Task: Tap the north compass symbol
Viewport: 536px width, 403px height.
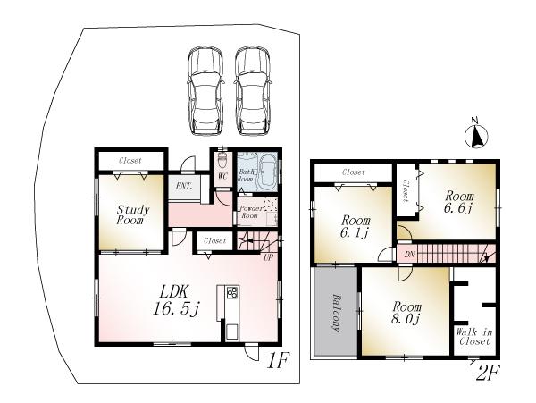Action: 477,136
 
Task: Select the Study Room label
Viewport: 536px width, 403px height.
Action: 131,215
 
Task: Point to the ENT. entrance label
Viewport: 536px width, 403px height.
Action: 184,186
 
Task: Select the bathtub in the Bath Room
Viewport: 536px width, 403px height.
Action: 267,169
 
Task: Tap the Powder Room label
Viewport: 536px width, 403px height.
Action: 248,212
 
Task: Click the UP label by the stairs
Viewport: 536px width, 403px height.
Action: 266,258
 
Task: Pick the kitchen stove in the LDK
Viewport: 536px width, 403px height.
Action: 232,293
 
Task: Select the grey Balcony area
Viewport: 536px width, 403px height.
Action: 335,312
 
